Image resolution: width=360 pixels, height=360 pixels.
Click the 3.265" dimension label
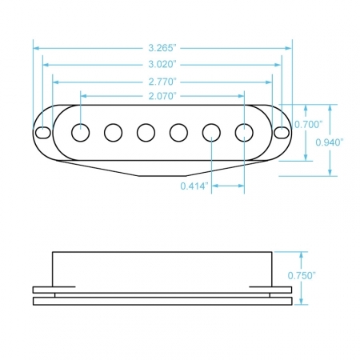[162, 48]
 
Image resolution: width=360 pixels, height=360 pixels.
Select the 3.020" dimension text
[162, 65]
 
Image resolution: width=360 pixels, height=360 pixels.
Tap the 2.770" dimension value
[162, 82]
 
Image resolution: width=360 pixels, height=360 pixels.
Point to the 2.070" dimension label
[162, 96]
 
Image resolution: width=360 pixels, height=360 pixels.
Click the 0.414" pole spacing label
[194, 186]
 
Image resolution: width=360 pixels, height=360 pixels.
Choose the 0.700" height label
[309, 124]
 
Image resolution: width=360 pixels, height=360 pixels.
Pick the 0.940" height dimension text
[330, 142]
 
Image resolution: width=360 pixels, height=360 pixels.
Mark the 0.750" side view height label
[302, 275]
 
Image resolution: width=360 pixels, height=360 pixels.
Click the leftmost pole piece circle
[81, 133]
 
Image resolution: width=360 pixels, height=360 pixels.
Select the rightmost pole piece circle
[244, 133]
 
